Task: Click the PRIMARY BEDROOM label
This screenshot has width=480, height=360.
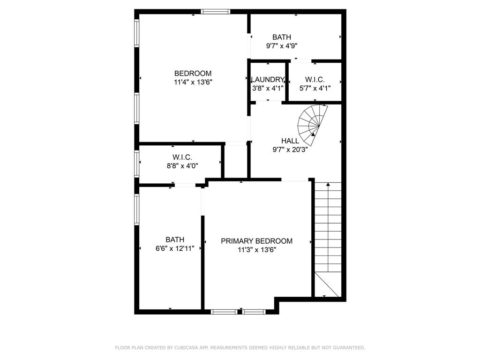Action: coord(256,241)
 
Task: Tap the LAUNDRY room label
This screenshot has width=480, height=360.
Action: coord(268,80)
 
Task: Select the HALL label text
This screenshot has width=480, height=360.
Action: coord(290,141)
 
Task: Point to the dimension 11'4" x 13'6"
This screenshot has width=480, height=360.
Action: coord(193,82)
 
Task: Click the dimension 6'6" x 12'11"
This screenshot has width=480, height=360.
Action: coord(174,248)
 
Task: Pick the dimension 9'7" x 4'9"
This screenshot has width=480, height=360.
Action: coord(282,46)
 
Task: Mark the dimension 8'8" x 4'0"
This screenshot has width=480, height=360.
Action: coord(182,166)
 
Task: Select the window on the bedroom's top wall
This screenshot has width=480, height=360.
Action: coord(216,11)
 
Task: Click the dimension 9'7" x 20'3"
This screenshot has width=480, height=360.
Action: coord(290,150)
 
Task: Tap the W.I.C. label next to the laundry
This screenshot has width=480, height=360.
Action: coord(315,80)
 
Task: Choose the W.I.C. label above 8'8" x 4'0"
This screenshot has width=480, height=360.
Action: coord(182,157)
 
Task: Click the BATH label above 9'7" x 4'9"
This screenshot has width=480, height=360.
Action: coord(282,37)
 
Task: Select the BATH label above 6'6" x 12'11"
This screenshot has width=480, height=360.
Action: coord(174,240)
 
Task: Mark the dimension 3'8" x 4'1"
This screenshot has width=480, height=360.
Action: coord(268,88)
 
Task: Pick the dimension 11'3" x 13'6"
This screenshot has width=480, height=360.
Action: coord(256,250)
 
